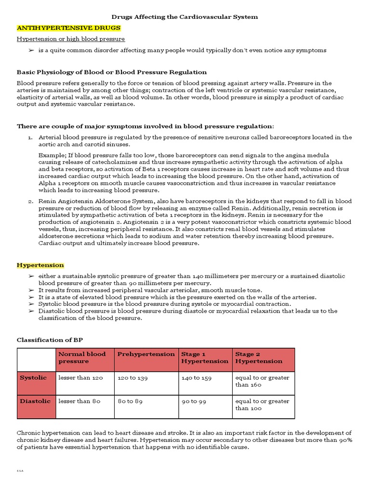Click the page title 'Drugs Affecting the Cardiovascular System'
point(185,17)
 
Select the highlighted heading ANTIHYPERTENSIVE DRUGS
point(68,28)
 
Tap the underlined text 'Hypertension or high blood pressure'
point(71,39)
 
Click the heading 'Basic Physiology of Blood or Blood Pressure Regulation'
point(112,72)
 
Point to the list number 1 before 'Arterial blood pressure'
point(30,137)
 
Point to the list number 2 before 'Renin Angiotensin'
point(30,201)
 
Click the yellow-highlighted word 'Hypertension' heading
point(40,265)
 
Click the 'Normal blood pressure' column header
point(82,357)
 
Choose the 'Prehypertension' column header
point(146,354)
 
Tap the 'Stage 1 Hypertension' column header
point(204,357)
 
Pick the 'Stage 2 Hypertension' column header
point(259,357)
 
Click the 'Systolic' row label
point(33,378)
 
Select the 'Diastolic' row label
point(35,401)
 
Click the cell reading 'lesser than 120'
point(80,378)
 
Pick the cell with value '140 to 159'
point(196,378)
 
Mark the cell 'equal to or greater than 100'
point(262,405)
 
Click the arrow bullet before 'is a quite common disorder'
point(31,50)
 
